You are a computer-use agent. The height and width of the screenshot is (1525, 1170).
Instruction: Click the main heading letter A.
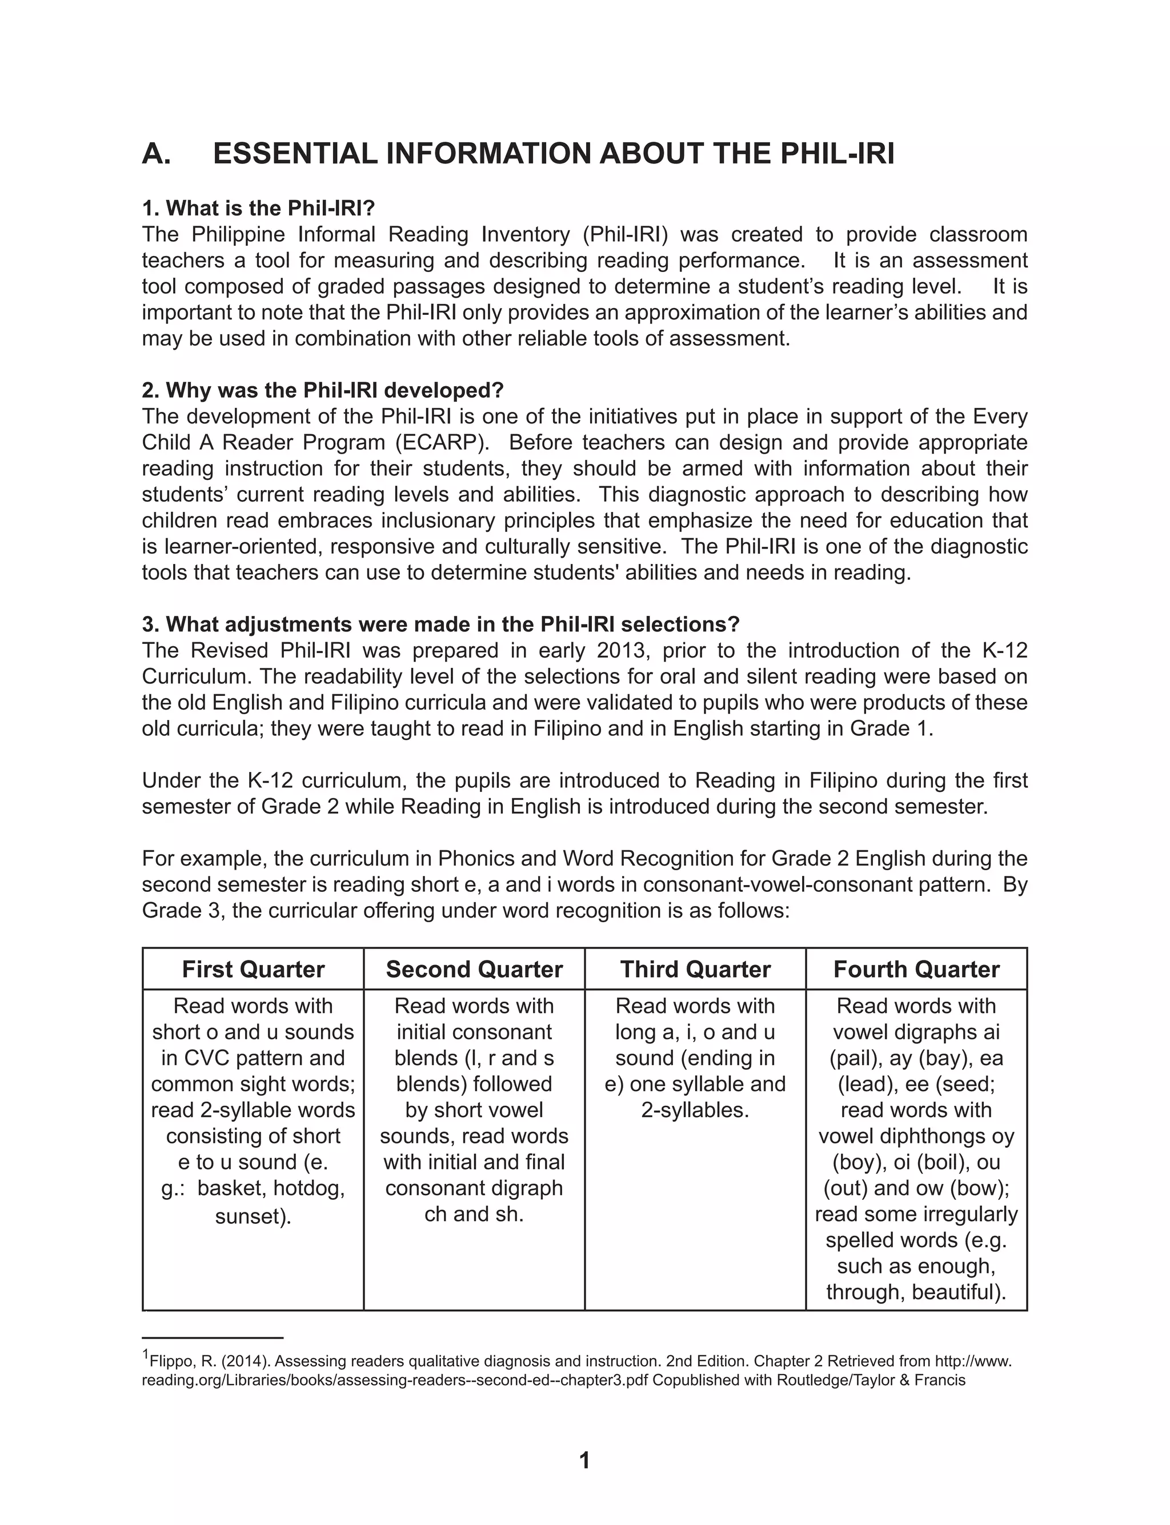point(156,154)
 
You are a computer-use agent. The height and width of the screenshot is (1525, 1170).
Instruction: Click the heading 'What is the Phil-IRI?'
point(258,208)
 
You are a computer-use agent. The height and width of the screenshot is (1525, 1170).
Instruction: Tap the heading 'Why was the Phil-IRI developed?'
point(322,390)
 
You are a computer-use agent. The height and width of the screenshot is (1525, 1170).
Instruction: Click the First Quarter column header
point(253,969)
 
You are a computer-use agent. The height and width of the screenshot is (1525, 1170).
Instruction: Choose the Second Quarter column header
point(474,969)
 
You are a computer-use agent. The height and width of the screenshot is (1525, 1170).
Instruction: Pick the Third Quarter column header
point(695,969)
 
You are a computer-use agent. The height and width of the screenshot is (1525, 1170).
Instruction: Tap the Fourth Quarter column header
point(916,969)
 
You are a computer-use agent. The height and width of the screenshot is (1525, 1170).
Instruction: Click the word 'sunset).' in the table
point(253,1216)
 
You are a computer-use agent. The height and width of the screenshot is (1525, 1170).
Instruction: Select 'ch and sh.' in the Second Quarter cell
point(474,1214)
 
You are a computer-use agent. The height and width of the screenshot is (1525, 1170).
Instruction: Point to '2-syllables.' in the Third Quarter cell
point(695,1110)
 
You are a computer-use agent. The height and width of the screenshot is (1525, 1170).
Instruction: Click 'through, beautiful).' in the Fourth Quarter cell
point(916,1292)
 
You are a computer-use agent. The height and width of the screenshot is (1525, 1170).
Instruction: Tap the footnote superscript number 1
point(146,1354)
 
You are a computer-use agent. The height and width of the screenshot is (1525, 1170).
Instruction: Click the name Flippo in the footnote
point(168,1362)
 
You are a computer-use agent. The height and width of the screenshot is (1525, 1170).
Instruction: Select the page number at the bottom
point(584,1460)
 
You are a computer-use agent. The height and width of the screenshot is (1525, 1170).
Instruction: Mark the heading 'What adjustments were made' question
point(440,624)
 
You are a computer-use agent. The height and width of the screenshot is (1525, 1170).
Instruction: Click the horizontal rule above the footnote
point(213,1338)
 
